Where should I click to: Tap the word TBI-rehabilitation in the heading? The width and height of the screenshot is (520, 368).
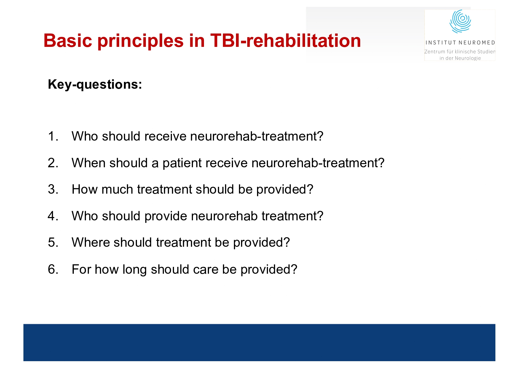point(285,41)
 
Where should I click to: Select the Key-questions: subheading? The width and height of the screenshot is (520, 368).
point(95,85)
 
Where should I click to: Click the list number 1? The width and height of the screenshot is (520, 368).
point(53,136)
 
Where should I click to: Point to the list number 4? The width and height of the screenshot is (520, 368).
point(53,216)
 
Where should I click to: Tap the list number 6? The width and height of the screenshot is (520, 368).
point(53,270)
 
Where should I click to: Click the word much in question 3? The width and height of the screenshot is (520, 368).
point(117,189)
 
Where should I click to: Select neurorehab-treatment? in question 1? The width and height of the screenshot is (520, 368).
point(257,136)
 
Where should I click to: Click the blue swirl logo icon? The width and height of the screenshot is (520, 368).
point(460,21)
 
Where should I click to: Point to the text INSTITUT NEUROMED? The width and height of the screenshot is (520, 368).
point(460,43)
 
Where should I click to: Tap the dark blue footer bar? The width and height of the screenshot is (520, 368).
point(259,342)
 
